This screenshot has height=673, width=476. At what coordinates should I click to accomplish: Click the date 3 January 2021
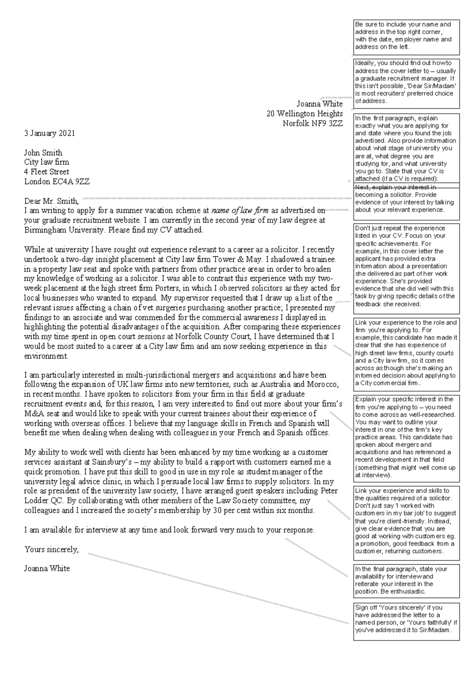(x=49, y=133)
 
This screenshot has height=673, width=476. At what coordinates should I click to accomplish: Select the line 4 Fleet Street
(x=46, y=172)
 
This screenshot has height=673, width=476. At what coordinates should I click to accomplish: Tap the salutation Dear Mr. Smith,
(x=52, y=201)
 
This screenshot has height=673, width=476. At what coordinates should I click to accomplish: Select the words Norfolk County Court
(x=212, y=336)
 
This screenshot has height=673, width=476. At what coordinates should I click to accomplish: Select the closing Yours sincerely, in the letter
(x=52, y=550)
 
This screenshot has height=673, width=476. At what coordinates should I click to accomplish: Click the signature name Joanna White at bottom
(x=47, y=568)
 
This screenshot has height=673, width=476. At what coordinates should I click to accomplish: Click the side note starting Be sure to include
(x=406, y=36)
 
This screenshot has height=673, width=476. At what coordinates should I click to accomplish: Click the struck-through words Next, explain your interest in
(x=395, y=187)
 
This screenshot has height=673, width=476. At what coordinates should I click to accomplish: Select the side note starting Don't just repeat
(x=406, y=266)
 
